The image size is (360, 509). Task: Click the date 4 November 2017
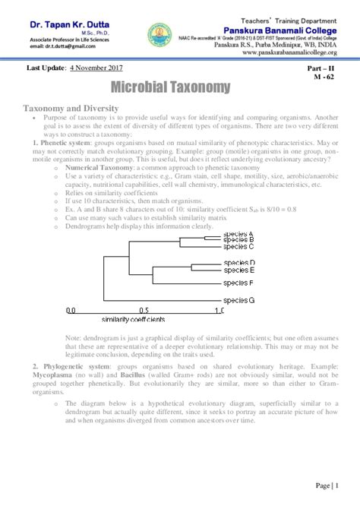coord(99,68)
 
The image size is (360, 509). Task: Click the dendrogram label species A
coord(239,233)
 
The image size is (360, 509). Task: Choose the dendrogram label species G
coord(239,300)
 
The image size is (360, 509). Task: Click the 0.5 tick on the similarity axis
coord(145,311)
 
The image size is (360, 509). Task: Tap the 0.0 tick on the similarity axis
coord(71,311)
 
